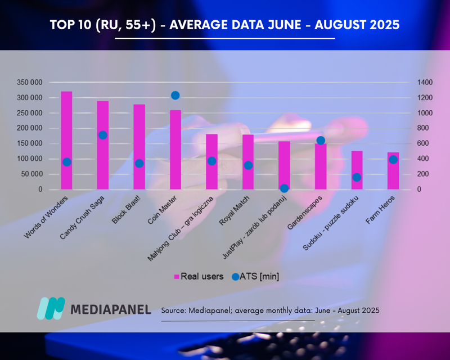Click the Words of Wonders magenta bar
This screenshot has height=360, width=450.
coord(66,129)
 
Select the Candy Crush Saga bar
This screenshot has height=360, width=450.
coord(102,163)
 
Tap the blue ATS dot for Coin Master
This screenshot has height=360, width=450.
coord(175,96)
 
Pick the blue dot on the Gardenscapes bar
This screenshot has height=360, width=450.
coord(321,141)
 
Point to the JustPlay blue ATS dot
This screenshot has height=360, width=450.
coord(285,188)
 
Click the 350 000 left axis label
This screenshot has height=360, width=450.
coord(30,82)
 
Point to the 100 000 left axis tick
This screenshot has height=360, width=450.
coord(30,159)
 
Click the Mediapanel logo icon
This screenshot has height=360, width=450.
coord(51,308)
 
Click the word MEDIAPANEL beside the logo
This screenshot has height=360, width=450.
coord(111,309)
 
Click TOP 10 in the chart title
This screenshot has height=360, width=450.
coord(70,25)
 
